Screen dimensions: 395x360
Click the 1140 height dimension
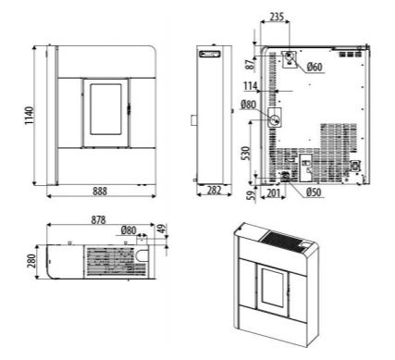pos(29,116)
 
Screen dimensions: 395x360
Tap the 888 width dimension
pos(100,192)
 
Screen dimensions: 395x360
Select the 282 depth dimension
pos(214,191)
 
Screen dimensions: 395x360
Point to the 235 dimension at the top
pos(277,17)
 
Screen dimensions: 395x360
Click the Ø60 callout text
pos(315,67)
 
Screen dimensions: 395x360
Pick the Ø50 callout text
pos(314,192)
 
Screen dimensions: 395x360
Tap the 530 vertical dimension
pos(246,153)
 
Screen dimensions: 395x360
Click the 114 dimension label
pos(251,86)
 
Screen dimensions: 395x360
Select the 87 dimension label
pos(251,64)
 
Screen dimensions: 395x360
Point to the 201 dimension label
pos(273,193)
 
